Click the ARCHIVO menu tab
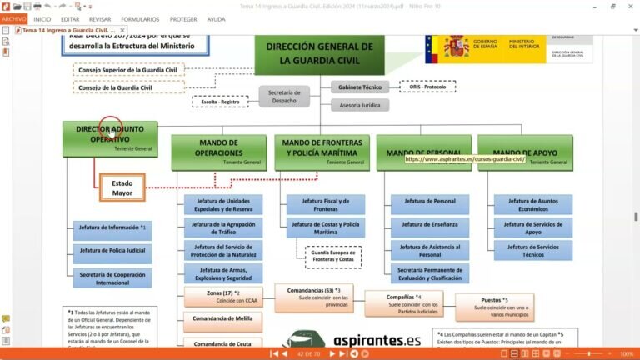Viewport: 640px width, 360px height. [14, 19]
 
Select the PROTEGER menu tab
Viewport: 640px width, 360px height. [183, 19]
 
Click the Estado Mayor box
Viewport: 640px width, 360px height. [122, 187]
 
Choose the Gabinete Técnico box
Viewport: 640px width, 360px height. [360, 87]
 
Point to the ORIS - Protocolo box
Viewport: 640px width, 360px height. [427, 87]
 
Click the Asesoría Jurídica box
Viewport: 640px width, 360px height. [360, 106]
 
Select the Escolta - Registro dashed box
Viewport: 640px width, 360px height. [220, 102]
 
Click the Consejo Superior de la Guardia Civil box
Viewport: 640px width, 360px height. [127, 70]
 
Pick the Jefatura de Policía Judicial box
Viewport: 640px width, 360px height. [112, 250]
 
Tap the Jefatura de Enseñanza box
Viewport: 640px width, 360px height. [429, 224]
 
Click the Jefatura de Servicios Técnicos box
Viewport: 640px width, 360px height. [533, 251]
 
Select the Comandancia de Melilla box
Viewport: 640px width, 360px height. [222, 318]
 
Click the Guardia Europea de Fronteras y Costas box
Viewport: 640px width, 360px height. [332, 257]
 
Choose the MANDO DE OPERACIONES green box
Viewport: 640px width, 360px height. [218, 152]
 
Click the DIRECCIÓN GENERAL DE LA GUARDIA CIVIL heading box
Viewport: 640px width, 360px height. [320, 54]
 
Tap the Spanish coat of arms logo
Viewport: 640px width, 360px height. [457, 47]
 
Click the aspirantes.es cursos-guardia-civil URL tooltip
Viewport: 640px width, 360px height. [466, 158]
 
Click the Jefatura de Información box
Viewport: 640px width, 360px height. [112, 227]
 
